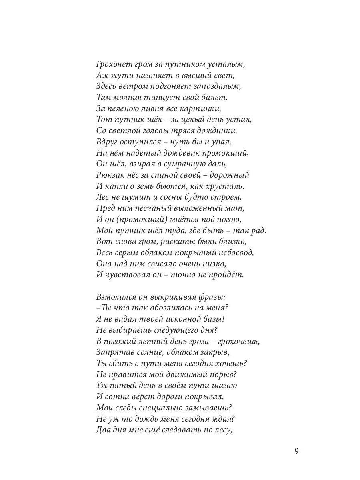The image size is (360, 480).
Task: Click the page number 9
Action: coord(296,452)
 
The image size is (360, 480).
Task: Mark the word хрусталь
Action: coord(226,186)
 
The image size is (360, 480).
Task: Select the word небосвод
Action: coord(236,252)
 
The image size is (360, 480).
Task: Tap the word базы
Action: coord(212,319)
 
